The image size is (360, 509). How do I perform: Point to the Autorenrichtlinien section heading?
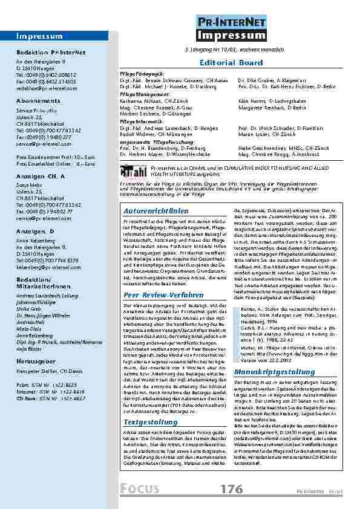[147, 211]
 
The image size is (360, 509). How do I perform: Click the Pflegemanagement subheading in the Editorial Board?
[141, 96]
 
